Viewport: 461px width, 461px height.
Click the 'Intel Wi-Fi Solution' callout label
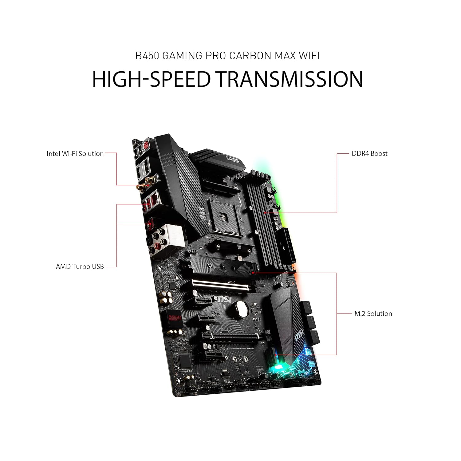coord(75,154)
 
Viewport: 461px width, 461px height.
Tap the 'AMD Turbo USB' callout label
coord(80,266)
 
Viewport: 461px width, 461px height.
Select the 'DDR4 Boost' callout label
coord(369,153)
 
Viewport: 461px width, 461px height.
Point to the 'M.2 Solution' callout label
coord(373,313)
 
